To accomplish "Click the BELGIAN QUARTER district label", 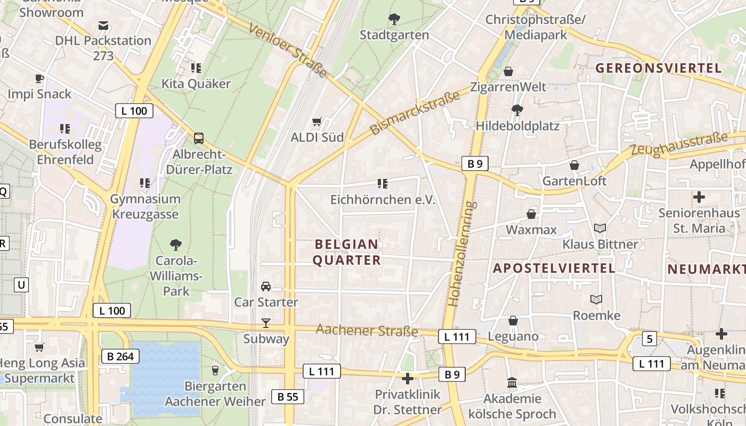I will (x=347, y=252).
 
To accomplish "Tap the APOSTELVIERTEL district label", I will (x=554, y=268).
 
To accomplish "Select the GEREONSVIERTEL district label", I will (x=659, y=68).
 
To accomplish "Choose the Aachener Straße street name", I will (x=367, y=330).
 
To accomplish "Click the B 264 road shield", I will (x=120, y=356).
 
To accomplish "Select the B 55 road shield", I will (x=288, y=396).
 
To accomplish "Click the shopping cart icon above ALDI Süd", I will (x=317, y=122).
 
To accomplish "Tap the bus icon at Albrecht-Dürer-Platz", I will (x=199, y=138).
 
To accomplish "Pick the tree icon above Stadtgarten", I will (x=394, y=20).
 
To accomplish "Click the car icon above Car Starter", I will (x=266, y=286).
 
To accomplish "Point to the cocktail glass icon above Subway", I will (x=265, y=323).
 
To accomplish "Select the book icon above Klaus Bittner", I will (x=600, y=228).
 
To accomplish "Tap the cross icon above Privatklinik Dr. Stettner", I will (x=408, y=379).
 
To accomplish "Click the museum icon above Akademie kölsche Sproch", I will (x=512, y=383).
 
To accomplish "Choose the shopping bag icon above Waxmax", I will (x=531, y=214).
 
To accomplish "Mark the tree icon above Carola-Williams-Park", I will (x=176, y=245).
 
